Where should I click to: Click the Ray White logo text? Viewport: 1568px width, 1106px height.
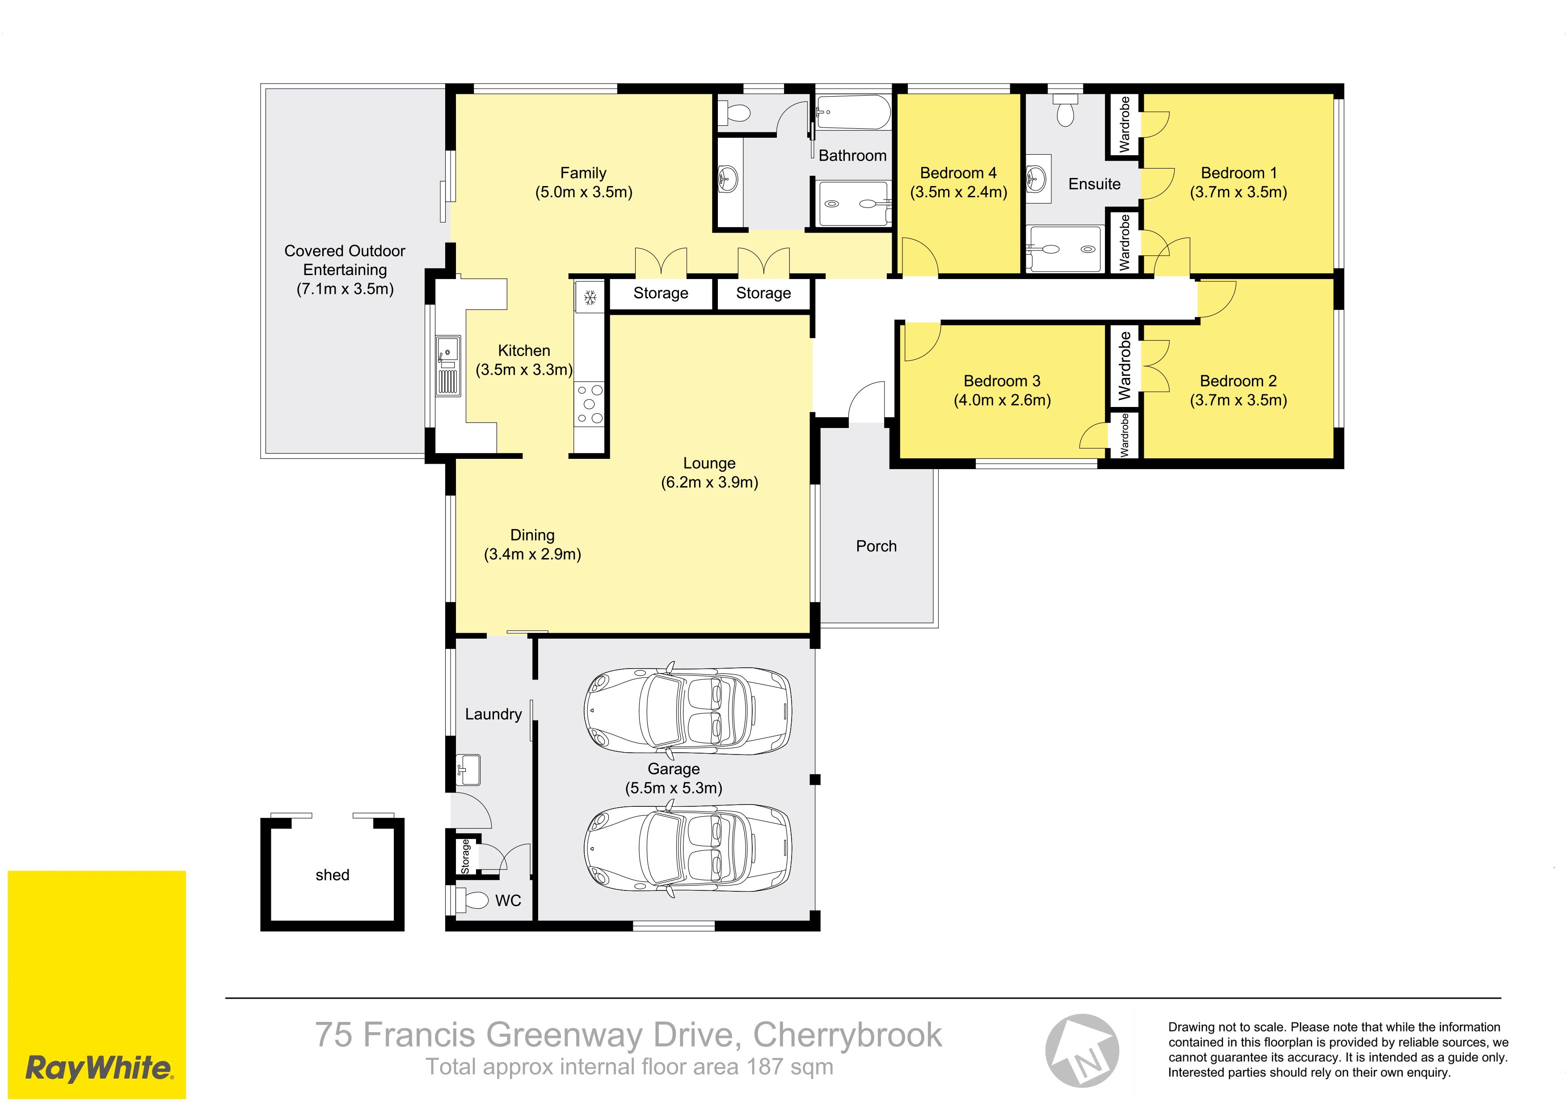pyautogui.click(x=99, y=1068)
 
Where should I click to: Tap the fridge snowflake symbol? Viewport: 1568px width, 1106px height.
pyautogui.click(x=590, y=297)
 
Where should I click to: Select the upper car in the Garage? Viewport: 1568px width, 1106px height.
pyautogui.click(x=688, y=711)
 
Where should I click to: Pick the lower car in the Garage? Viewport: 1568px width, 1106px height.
pyautogui.click(x=688, y=849)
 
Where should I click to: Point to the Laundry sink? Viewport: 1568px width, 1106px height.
pyautogui.click(x=468, y=770)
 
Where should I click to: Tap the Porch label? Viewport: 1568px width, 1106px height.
pyautogui.click(x=876, y=546)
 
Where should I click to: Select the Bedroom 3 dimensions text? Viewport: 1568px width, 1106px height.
pyautogui.click(x=1002, y=400)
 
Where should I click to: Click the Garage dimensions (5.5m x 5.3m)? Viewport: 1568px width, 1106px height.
pyautogui.click(x=673, y=788)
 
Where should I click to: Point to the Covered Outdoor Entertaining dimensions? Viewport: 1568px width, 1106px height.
pyautogui.click(x=345, y=289)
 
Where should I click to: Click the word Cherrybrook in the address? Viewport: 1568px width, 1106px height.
pyautogui.click(x=847, y=1034)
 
